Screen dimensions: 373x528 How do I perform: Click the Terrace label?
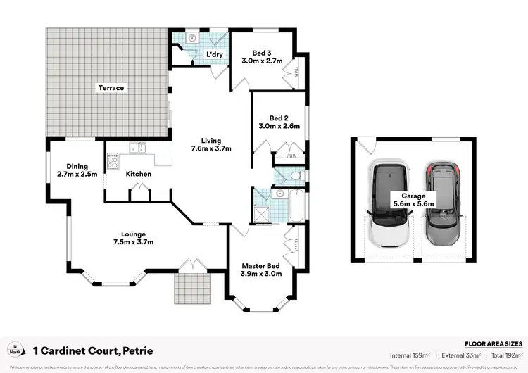coord(111,88)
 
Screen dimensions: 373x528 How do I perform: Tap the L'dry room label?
coord(214,54)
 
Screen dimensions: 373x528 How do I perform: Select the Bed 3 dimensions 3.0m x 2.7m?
coord(262,61)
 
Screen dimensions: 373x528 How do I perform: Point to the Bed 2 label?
coord(279,118)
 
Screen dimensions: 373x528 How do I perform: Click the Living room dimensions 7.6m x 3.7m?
coord(211,148)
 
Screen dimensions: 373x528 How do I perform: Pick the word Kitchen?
coord(139,174)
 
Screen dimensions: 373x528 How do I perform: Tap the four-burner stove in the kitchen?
coord(112,161)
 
